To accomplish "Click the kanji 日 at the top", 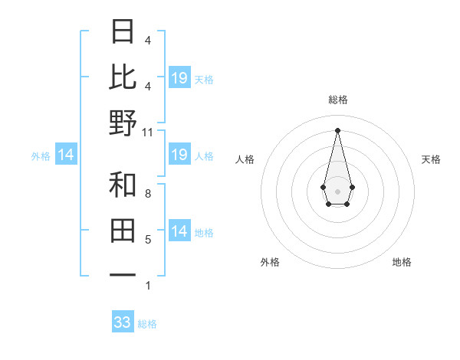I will pyautogui.click(x=123, y=31).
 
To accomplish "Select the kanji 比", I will pyautogui.click(x=123, y=77).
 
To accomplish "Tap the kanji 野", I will pyautogui.click(x=123, y=123).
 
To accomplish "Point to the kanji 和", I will pyautogui.click(x=123, y=185).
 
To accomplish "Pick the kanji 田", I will pyautogui.click(x=123, y=230).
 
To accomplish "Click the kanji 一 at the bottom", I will pyautogui.click(x=123, y=275).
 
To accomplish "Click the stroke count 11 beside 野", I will pyautogui.click(x=148, y=133).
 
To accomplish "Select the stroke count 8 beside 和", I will pyautogui.click(x=148, y=195).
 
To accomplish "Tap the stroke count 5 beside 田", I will pyautogui.click(x=148, y=241).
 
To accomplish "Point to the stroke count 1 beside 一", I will pyautogui.click(x=148, y=286).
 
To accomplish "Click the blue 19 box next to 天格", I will pyautogui.click(x=179, y=78).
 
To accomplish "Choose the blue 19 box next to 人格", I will pyautogui.click(x=179, y=155).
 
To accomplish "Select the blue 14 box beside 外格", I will pyautogui.click(x=66, y=155).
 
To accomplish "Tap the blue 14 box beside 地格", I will pyautogui.click(x=179, y=232).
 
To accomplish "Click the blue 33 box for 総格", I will pyautogui.click(x=123, y=322).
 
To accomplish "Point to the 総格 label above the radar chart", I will pyautogui.click(x=337, y=100).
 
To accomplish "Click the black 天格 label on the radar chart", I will pyautogui.click(x=431, y=159).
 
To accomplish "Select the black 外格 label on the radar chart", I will pyautogui.click(x=270, y=262).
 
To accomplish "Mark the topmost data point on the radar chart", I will pyautogui.click(x=337, y=130).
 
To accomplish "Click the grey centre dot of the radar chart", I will pyautogui.click(x=337, y=190).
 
